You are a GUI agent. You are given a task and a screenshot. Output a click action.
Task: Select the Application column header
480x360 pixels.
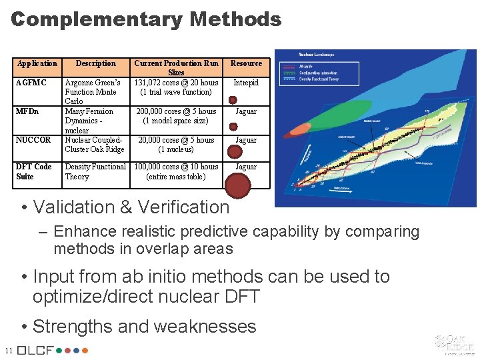click(37, 63)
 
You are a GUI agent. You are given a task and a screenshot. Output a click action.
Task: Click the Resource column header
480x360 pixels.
click(246, 63)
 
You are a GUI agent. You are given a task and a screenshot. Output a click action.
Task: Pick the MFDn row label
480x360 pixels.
click(27, 111)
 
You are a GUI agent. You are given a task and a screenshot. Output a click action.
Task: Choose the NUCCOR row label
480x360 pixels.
click(33, 140)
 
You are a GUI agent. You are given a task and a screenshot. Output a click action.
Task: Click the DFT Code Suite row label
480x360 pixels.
click(34, 171)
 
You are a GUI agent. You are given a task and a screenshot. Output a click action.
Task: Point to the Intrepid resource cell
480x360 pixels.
click(246, 83)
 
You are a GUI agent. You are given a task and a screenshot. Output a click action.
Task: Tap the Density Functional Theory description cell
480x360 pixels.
click(95, 171)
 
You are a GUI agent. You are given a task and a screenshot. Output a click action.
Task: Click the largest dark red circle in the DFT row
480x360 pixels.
click(238, 185)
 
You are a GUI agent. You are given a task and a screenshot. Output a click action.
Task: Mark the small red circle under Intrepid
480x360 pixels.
click(233, 99)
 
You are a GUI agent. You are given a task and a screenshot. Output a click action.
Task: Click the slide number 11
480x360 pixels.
click(8, 351)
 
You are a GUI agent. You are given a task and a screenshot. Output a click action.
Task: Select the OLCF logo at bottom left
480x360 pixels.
click(53, 350)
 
